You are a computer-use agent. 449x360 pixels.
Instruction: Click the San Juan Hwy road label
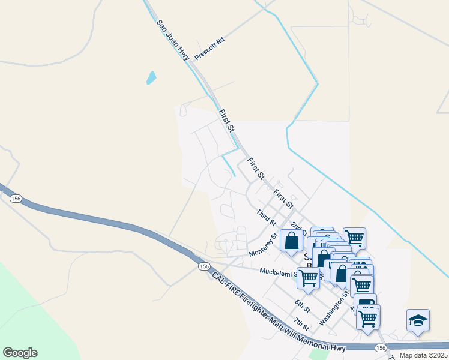coord(173,40)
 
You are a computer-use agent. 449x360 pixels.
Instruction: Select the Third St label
coord(265,217)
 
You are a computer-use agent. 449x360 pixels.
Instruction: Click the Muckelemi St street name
coord(278,272)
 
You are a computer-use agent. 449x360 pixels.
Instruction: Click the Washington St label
coord(334,310)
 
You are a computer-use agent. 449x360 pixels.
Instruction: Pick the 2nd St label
coord(298,228)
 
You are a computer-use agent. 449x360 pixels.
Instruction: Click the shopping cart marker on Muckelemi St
coord(308,278)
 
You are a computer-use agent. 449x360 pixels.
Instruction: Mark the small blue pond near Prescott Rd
coord(151,77)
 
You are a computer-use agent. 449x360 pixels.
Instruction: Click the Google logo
coord(20,353)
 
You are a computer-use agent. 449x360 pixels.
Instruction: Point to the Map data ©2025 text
coord(424,355)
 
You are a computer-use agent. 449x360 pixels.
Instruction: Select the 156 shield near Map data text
coord(381,348)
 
